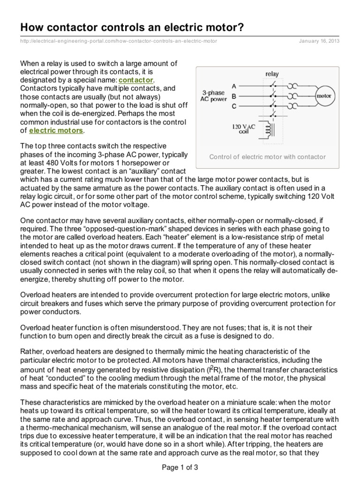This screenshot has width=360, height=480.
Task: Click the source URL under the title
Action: (119, 41)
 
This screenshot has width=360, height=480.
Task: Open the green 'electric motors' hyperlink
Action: (56, 130)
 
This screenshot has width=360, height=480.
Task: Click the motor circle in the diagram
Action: (324, 96)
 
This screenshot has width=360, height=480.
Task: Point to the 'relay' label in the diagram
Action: (272, 74)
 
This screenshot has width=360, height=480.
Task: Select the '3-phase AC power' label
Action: (215, 96)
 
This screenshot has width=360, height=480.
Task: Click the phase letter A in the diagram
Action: (234, 86)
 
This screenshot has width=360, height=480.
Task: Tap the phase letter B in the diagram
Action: (234, 96)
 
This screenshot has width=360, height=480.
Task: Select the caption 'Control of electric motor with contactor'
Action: (267, 157)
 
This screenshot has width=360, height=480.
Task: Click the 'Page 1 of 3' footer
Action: (180, 467)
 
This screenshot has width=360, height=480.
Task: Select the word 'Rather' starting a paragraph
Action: (31, 352)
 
